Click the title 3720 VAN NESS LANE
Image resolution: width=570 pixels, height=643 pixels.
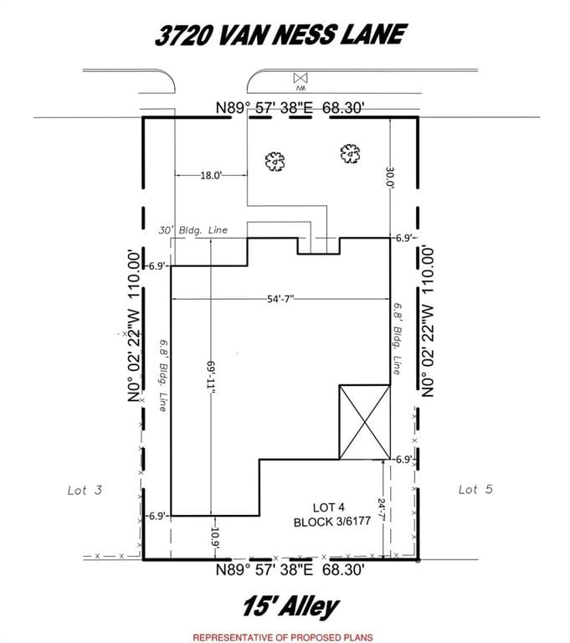click(x=280, y=34)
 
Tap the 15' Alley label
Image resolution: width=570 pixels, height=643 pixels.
click(x=290, y=607)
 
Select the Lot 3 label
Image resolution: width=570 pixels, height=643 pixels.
click(x=85, y=490)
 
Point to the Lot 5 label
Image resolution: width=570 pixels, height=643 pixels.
click(x=475, y=489)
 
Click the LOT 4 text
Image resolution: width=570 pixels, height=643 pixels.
click(x=328, y=507)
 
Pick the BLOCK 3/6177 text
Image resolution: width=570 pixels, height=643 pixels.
click(x=332, y=522)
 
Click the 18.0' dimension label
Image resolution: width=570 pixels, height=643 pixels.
click(x=211, y=176)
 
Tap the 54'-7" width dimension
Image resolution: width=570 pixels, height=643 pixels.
click(x=280, y=299)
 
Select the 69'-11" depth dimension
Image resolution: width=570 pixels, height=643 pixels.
click(x=211, y=378)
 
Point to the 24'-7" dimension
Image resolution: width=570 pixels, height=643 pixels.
click(x=382, y=510)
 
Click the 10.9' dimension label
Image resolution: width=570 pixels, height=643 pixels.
click(x=215, y=538)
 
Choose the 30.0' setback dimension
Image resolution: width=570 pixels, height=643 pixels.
click(x=390, y=177)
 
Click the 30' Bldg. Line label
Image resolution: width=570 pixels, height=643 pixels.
click(x=193, y=230)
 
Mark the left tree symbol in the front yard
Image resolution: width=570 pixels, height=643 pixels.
click(x=275, y=161)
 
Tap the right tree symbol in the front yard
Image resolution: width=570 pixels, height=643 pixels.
click(x=350, y=153)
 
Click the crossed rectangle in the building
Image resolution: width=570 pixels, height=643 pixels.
click(x=365, y=422)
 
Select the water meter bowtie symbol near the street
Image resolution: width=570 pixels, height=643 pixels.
click(x=300, y=78)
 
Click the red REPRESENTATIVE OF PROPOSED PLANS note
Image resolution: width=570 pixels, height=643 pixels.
click(x=283, y=637)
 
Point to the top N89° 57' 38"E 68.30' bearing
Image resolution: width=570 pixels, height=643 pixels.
click(x=290, y=108)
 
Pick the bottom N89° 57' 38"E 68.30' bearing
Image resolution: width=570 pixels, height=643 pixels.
click(x=290, y=569)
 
